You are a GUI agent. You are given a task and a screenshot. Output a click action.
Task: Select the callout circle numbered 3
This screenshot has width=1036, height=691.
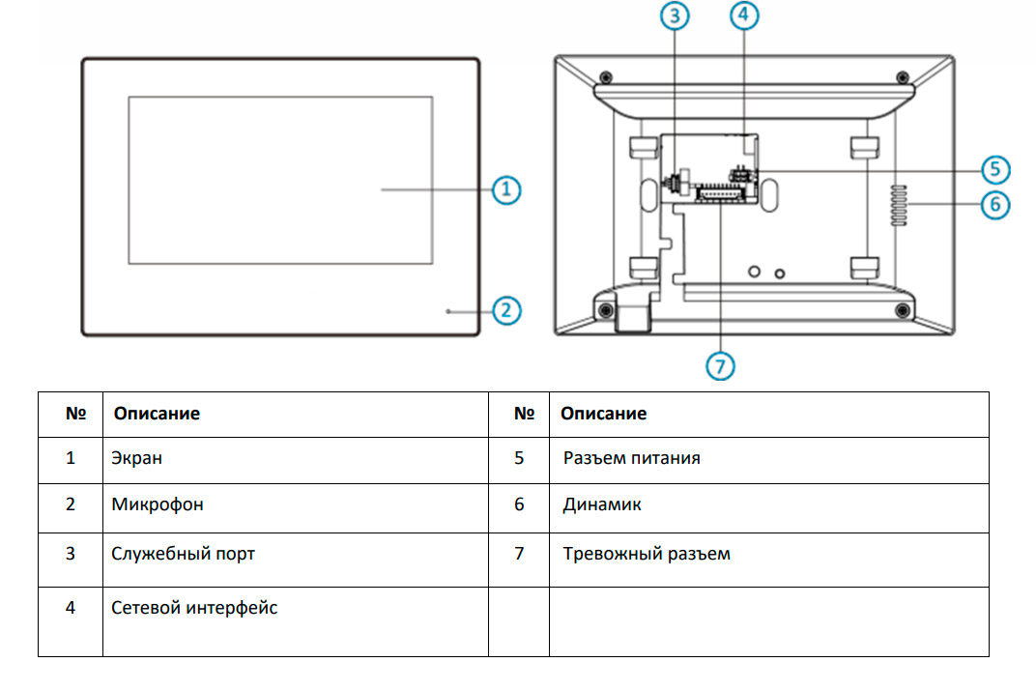[676, 15]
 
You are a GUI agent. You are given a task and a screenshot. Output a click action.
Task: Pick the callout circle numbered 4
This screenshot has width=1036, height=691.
[743, 15]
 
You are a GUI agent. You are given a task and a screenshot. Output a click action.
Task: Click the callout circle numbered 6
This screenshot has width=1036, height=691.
[995, 205]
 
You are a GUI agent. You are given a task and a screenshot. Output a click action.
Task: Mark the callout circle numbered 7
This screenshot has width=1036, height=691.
[720, 365]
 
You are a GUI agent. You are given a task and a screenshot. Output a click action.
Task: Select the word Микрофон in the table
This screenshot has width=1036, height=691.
[158, 504]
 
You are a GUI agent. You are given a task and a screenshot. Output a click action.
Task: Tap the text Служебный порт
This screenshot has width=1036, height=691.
[184, 554]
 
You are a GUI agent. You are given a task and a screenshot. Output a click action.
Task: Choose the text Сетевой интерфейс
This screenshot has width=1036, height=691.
[194, 608]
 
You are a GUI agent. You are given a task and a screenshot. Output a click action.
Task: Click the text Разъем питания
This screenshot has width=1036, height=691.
[631, 458]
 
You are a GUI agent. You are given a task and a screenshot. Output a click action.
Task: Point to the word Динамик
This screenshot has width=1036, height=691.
[602, 504]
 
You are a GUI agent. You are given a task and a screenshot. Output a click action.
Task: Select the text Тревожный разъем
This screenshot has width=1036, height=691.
[647, 554]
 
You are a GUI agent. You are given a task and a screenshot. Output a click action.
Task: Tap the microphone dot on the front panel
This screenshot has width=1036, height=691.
[447, 311]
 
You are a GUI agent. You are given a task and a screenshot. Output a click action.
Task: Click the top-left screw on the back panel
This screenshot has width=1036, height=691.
[605, 77]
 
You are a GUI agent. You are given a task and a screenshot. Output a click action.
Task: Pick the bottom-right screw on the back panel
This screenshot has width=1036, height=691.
[902, 309]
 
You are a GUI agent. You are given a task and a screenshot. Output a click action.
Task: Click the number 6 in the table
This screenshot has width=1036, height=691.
[519, 504]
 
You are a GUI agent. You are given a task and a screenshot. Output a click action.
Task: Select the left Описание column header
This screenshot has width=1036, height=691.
[157, 414]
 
